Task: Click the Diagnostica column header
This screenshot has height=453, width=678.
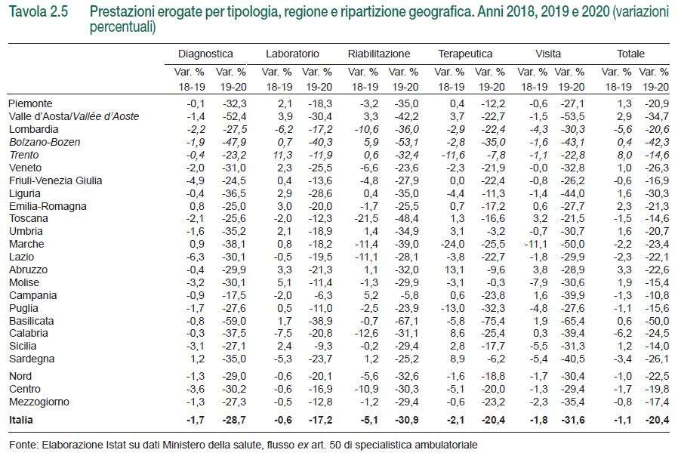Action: coord(205,54)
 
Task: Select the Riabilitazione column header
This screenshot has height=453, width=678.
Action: coord(379,54)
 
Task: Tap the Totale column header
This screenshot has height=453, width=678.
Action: coord(630,54)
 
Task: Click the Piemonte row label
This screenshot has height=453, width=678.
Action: coord(30,103)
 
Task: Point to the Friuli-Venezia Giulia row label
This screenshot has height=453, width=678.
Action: coord(55,180)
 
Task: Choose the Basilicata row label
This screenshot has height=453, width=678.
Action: coord(31,321)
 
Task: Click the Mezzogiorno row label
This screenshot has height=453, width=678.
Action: coord(39,402)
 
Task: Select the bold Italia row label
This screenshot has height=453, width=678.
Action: coord(20,420)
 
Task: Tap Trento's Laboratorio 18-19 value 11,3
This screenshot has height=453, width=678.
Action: coord(283,156)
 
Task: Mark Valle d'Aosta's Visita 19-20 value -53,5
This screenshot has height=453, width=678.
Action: coord(572,117)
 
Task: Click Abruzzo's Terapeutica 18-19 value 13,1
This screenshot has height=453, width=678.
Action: coord(455,270)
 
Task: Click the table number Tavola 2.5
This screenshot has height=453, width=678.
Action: coord(38,11)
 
